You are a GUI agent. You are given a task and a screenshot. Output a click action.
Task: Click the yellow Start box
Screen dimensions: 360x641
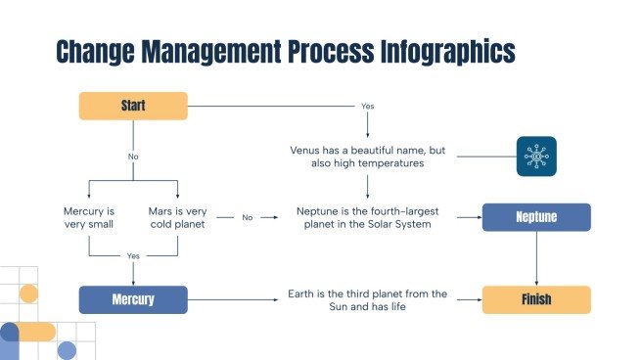point(133,106)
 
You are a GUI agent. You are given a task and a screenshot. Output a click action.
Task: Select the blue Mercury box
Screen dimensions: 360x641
point(133,298)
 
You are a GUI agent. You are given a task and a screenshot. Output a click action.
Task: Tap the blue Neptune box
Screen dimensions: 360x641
point(536,217)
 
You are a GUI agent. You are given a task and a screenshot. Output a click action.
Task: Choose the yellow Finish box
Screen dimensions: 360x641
point(536,299)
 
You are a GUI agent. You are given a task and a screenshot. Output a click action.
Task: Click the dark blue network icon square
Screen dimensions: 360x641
point(536,157)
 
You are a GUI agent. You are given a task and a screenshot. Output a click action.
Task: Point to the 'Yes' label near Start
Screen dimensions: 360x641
point(368,106)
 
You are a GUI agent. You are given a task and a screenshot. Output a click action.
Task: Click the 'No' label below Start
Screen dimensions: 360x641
point(133,157)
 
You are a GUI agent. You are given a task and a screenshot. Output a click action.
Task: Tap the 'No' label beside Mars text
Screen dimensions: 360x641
point(248,217)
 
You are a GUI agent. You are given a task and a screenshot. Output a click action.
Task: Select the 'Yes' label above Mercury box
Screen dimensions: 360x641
point(133,256)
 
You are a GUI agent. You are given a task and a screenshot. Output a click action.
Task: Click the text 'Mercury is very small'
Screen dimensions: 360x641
point(88,217)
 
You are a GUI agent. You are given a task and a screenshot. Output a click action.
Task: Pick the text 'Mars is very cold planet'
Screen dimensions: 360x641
point(177,217)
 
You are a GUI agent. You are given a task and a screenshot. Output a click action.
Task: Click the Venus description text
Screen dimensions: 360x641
point(368,157)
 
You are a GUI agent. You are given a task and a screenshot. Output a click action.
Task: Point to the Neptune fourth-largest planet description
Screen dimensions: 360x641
point(368,217)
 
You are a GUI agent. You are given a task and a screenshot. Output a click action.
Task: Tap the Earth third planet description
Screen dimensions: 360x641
point(368,299)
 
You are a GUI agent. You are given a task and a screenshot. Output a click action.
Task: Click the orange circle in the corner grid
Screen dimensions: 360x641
point(28,293)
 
